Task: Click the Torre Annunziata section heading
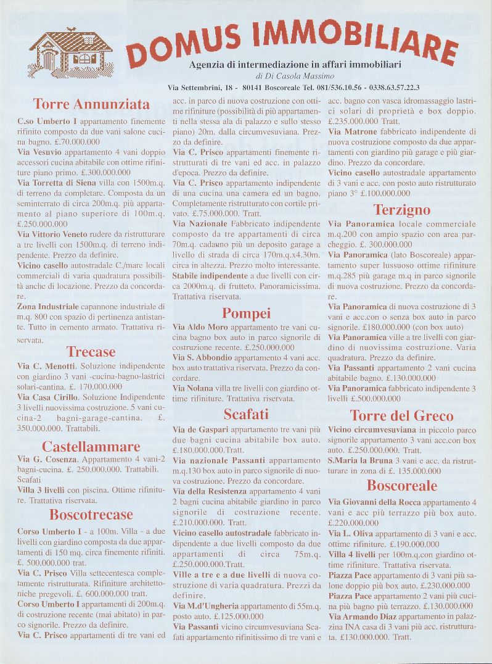(91, 103)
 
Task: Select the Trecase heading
(91, 352)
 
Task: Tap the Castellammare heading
(91, 446)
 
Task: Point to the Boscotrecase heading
(91, 515)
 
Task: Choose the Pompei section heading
(247, 313)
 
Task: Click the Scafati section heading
(247, 413)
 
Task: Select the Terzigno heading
(402, 210)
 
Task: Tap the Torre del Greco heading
(402, 415)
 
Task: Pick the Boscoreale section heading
(402, 486)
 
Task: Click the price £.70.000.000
(76, 141)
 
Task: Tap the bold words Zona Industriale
(48, 306)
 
